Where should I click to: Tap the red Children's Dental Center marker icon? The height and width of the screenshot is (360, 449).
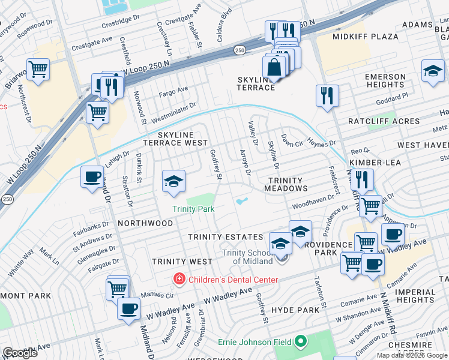tap(178, 279)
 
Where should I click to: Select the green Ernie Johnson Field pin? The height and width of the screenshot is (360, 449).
tap(301, 342)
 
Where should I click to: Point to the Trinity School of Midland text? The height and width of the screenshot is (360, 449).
tap(249, 257)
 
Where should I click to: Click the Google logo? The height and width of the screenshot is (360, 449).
tap(20, 353)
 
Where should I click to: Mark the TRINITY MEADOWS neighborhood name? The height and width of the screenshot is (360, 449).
tap(287, 184)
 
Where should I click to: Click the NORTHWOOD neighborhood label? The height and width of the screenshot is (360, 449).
tap(145, 223)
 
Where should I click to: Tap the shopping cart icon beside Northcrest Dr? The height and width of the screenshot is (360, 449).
tap(38, 68)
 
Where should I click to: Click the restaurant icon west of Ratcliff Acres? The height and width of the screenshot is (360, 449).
tap(327, 94)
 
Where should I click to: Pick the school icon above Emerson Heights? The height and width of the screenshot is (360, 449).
tap(433, 70)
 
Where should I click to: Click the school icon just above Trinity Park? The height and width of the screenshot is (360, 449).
tap(173, 181)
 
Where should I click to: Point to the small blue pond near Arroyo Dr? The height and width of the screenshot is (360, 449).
tap(243, 202)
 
